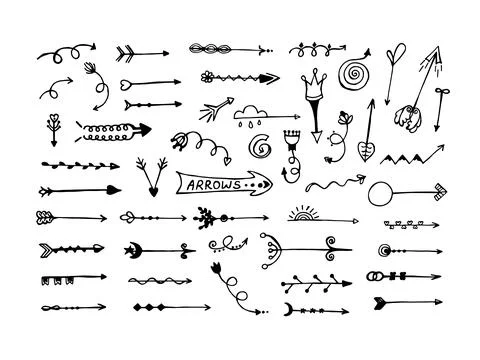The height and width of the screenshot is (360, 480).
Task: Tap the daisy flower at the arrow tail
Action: click(207, 76)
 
